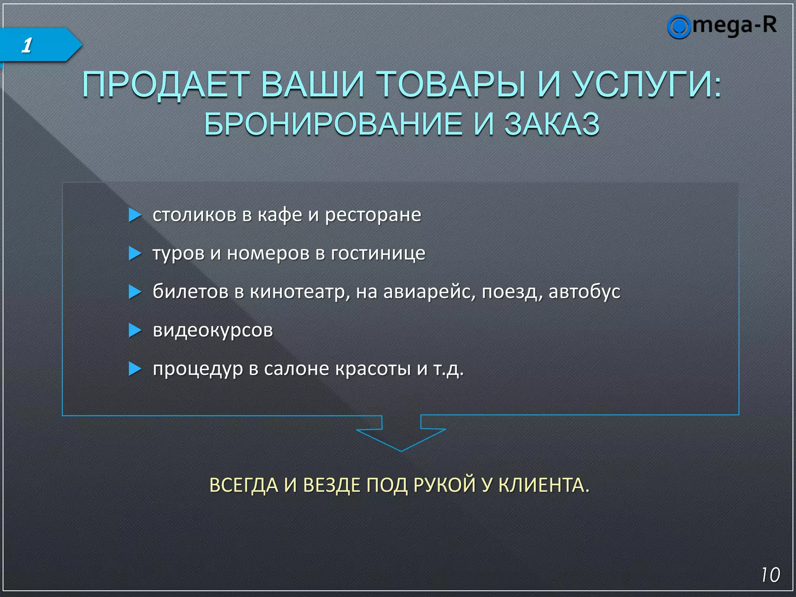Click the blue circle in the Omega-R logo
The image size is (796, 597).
(x=679, y=27)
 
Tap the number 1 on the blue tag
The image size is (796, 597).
(x=26, y=45)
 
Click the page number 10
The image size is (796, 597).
(x=770, y=575)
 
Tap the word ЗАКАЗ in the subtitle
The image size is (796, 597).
(x=552, y=124)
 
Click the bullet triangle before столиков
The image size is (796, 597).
(x=134, y=215)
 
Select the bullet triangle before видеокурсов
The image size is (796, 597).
(x=134, y=330)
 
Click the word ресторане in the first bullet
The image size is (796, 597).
(x=373, y=215)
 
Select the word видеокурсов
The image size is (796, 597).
(x=213, y=330)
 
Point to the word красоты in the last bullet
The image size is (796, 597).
(x=373, y=368)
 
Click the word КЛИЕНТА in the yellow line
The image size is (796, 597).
(x=544, y=485)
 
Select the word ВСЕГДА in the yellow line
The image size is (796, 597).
(x=244, y=485)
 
